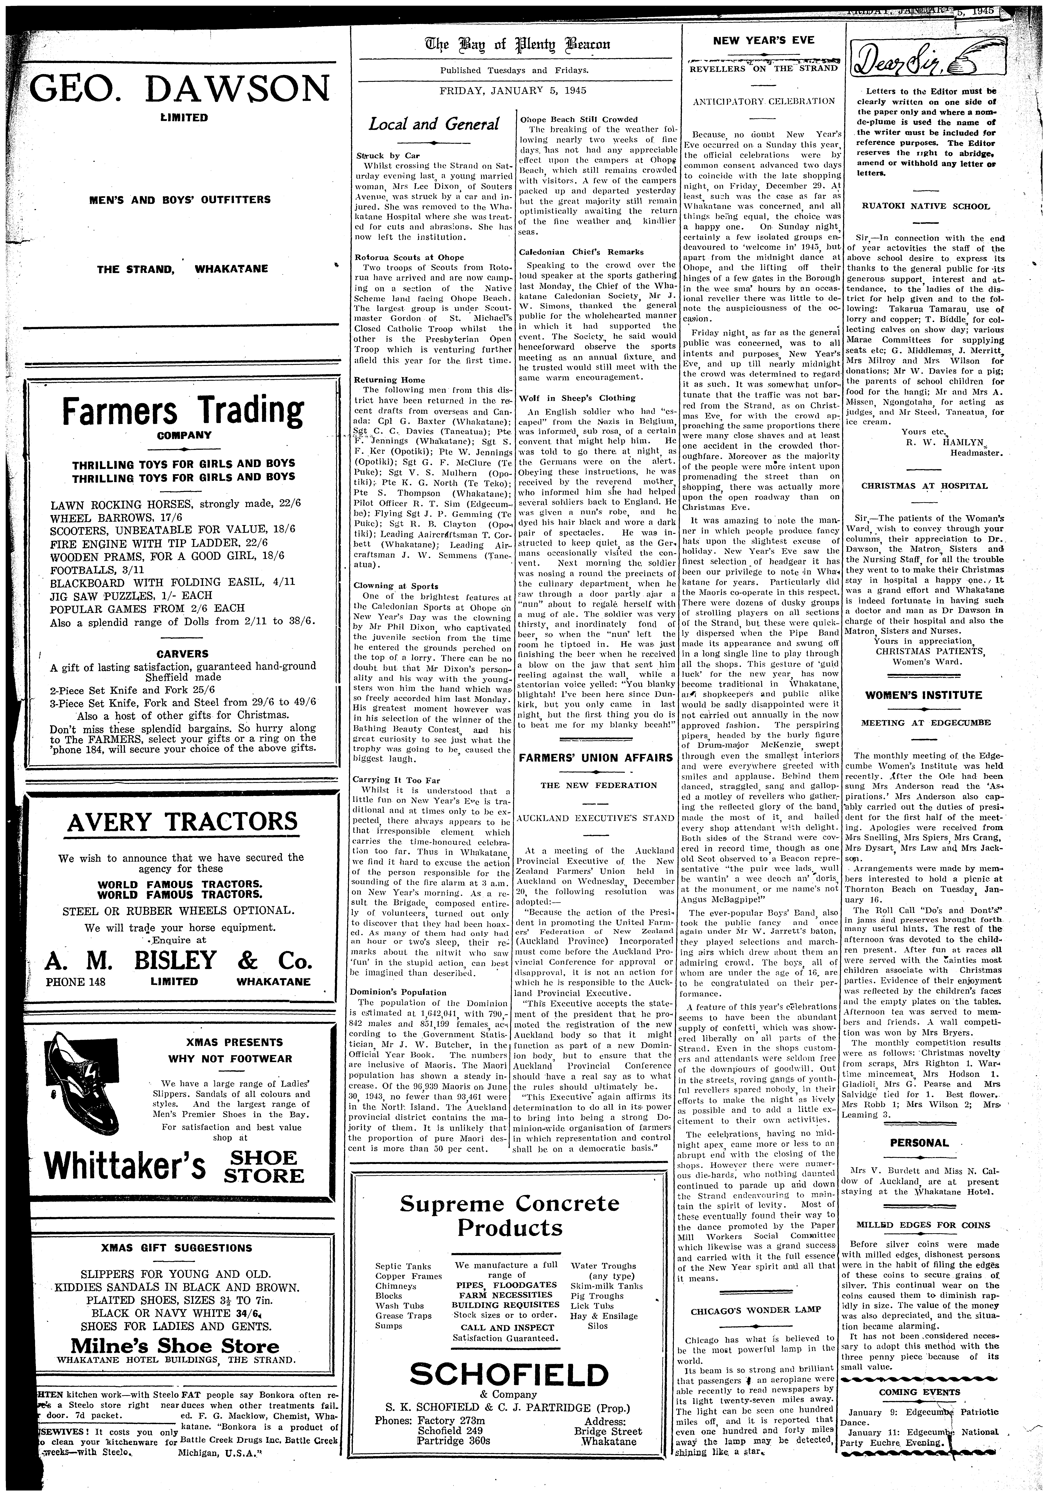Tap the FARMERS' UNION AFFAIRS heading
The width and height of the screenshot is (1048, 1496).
coord(595,757)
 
